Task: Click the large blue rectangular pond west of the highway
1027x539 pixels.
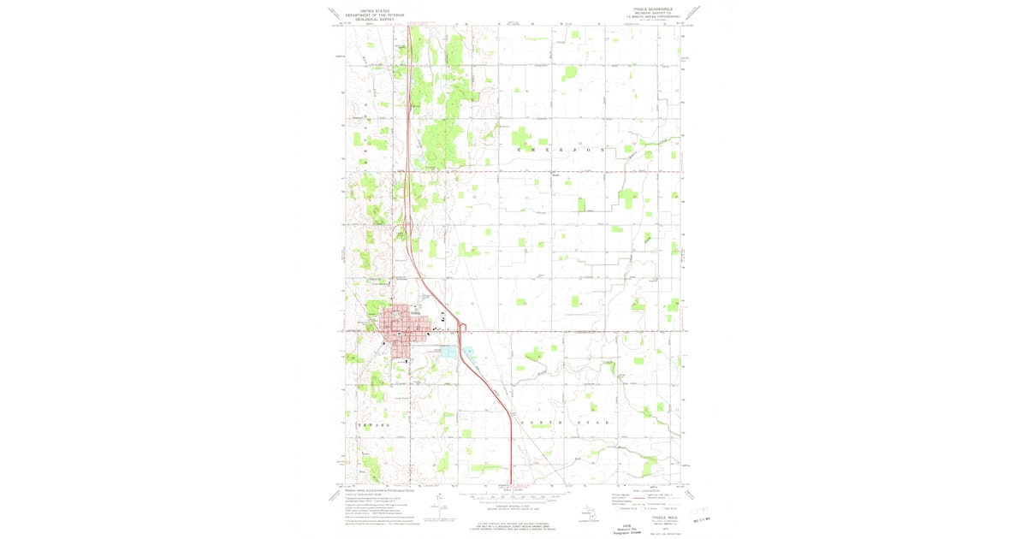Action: [449, 352]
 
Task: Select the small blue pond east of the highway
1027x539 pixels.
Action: [469, 351]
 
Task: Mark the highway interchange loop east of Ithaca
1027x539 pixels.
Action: [460, 327]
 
